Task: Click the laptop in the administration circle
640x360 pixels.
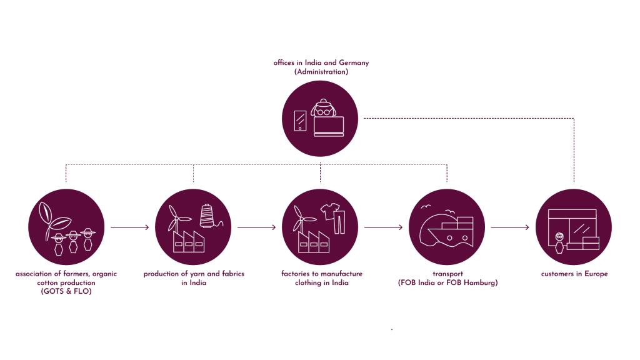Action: click(x=329, y=126)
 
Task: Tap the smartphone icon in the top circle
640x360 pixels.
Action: click(x=301, y=121)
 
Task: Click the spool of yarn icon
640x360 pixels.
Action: click(x=207, y=216)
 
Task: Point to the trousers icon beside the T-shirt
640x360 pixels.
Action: click(x=339, y=221)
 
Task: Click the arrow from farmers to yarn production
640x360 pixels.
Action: click(x=130, y=227)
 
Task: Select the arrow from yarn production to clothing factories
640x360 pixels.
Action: click(x=256, y=227)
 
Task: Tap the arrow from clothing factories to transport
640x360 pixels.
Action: click(x=383, y=227)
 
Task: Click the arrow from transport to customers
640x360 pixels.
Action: click(x=510, y=227)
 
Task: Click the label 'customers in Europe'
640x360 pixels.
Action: click(x=574, y=274)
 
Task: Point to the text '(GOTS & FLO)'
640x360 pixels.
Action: click(x=66, y=291)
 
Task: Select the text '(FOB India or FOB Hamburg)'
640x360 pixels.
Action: click(x=447, y=282)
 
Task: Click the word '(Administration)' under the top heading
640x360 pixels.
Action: click(x=321, y=72)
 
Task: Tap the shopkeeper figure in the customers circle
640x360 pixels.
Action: click(x=559, y=242)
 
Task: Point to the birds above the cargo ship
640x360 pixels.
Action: click(x=426, y=207)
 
